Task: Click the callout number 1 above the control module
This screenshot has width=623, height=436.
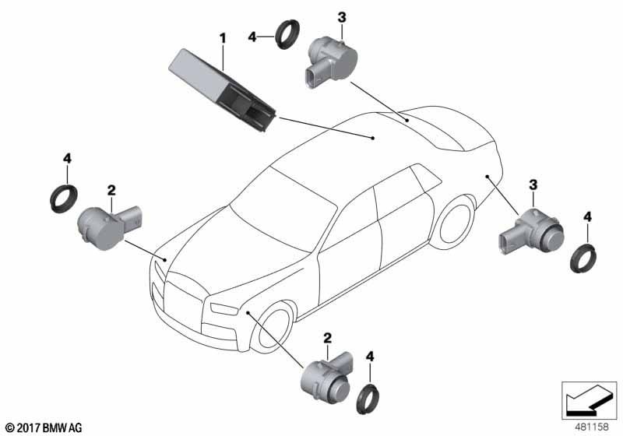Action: [x=223, y=38]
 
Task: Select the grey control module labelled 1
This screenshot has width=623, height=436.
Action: [x=222, y=90]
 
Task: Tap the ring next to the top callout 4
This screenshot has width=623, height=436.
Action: [x=287, y=34]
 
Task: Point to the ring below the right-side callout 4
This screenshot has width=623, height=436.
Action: [x=583, y=258]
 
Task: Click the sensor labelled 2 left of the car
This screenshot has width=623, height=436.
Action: [x=109, y=227]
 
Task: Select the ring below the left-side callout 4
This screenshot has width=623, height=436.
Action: [x=64, y=199]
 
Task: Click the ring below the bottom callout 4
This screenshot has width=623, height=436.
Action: [x=368, y=399]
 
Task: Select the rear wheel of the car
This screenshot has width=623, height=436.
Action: [x=453, y=223]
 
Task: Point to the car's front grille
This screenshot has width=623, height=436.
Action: [x=184, y=304]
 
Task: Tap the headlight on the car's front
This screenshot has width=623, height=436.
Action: [x=223, y=308]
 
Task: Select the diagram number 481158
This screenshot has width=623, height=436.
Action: [x=592, y=427]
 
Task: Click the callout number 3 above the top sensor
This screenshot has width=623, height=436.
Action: [x=342, y=17]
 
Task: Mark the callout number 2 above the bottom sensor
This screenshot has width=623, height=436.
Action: [x=327, y=339]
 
